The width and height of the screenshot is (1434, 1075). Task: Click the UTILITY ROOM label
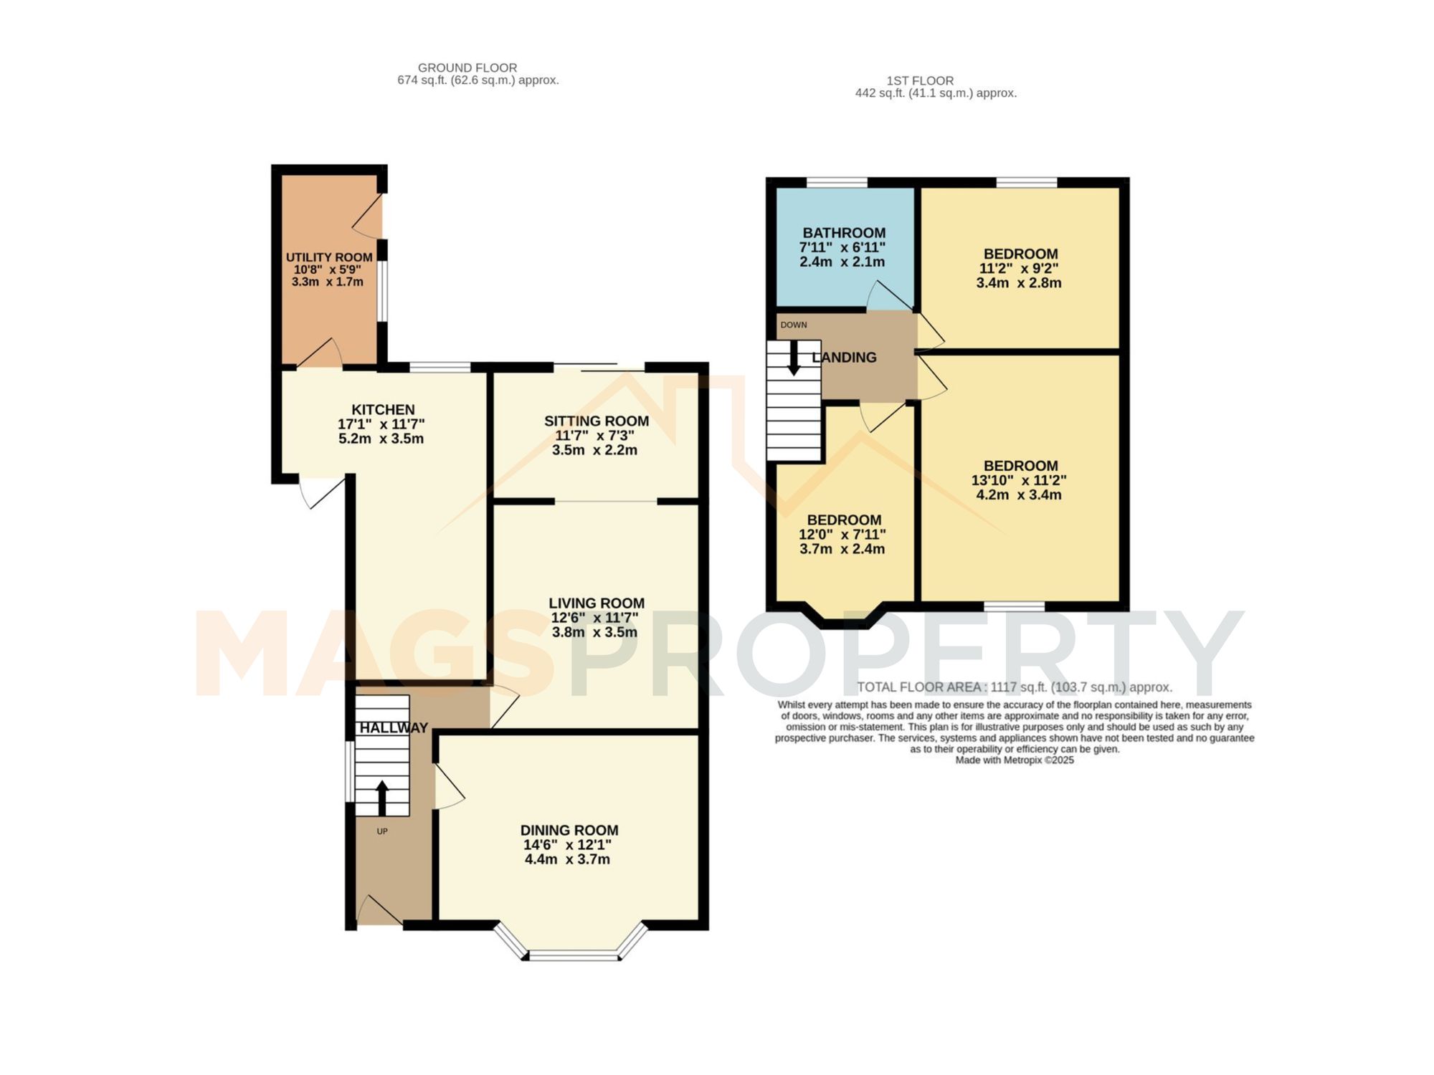(x=329, y=257)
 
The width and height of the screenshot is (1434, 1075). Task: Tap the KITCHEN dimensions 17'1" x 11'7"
(x=381, y=424)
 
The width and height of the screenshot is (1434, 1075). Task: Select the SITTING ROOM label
(x=596, y=421)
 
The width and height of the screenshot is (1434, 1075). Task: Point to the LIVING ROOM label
(x=596, y=603)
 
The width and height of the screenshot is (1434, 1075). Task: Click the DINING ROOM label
(x=569, y=830)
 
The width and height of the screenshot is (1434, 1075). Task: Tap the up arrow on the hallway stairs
(x=381, y=797)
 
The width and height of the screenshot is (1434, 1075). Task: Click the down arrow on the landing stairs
(x=793, y=358)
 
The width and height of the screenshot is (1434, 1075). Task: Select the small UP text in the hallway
(x=382, y=831)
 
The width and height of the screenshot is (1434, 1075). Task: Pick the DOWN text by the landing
(x=794, y=325)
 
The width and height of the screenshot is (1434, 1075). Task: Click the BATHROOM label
(x=843, y=233)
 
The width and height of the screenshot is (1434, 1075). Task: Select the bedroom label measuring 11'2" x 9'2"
(x=1020, y=254)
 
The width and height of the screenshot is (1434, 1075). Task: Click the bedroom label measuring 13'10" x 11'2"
(x=1020, y=466)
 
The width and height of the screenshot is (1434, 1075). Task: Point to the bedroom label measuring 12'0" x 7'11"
(x=843, y=520)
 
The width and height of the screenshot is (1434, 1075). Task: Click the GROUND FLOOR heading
(x=467, y=67)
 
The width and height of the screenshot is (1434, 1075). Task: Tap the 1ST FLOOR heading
(x=919, y=80)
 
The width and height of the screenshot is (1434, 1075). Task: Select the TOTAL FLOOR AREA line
(x=1014, y=687)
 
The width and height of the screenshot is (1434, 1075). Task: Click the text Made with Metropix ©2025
(x=1014, y=760)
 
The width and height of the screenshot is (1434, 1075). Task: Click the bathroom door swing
(x=888, y=295)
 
